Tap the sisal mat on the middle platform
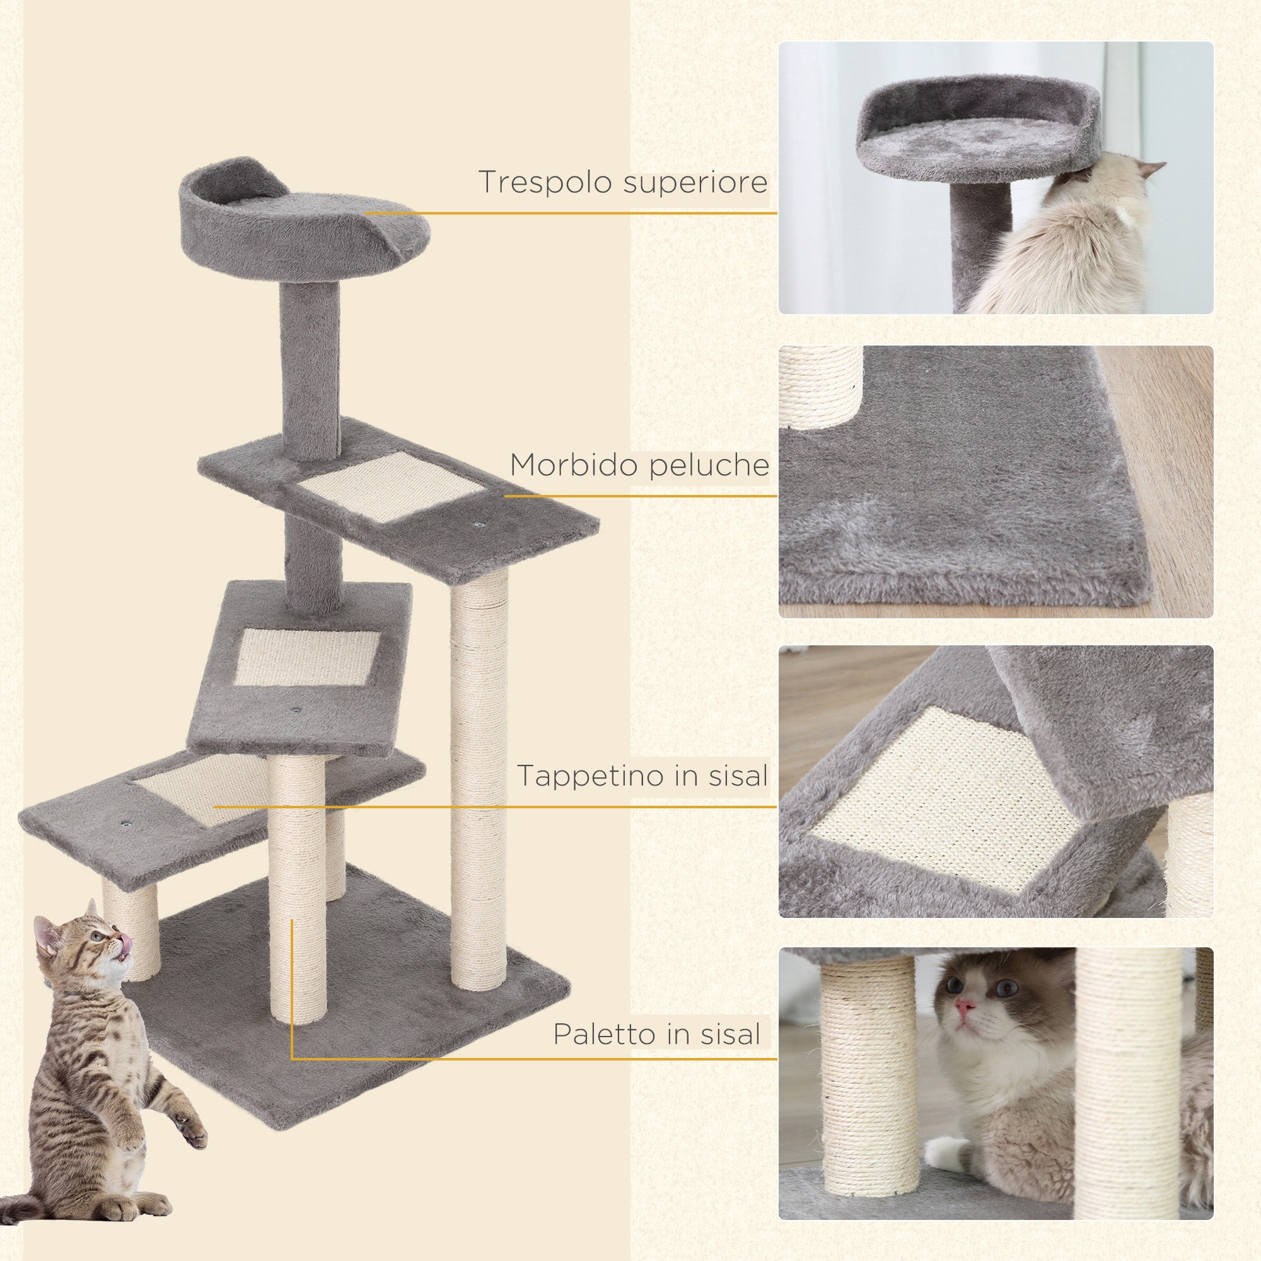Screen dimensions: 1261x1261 (307, 657)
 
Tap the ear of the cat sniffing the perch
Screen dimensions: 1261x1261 (1150, 169)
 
